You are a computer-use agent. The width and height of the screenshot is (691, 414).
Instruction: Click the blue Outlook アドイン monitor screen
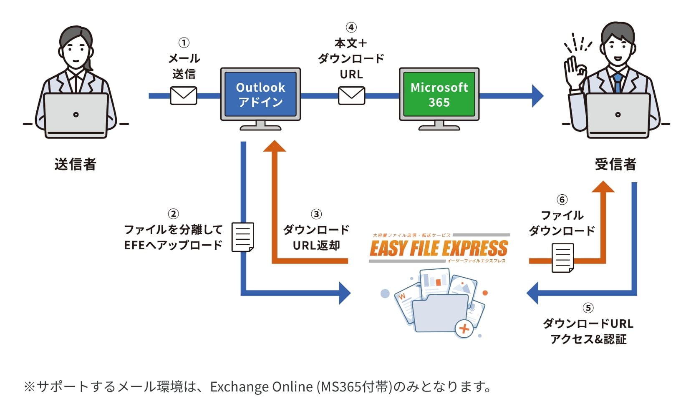click(260, 94)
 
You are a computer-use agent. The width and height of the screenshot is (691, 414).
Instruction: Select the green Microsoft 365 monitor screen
click(439, 94)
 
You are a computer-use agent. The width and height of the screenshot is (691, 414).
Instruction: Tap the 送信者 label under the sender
click(75, 164)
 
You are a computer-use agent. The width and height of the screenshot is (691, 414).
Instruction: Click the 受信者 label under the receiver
click(615, 164)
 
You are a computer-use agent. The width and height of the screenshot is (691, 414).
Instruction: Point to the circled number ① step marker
click(184, 43)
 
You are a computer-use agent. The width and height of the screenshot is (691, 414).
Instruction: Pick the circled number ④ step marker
click(351, 28)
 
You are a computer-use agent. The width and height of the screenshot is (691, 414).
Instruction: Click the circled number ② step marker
click(173, 214)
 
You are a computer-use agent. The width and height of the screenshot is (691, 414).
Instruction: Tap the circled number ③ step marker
click(316, 214)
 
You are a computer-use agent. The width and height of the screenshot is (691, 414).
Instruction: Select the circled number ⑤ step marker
click(588, 308)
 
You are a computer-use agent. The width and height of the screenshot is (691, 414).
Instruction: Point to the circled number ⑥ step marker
click(562, 200)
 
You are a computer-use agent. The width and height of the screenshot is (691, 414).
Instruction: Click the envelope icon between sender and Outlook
click(184, 96)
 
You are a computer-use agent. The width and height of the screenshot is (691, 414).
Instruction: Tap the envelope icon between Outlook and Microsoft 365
click(351, 96)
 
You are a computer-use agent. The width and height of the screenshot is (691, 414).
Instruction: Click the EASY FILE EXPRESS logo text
click(439, 248)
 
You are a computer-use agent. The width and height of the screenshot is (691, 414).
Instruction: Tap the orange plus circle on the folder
click(464, 329)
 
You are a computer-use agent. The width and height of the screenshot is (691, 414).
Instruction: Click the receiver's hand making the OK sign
click(574, 71)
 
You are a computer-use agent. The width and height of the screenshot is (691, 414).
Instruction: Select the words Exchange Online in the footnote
click(261, 387)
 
